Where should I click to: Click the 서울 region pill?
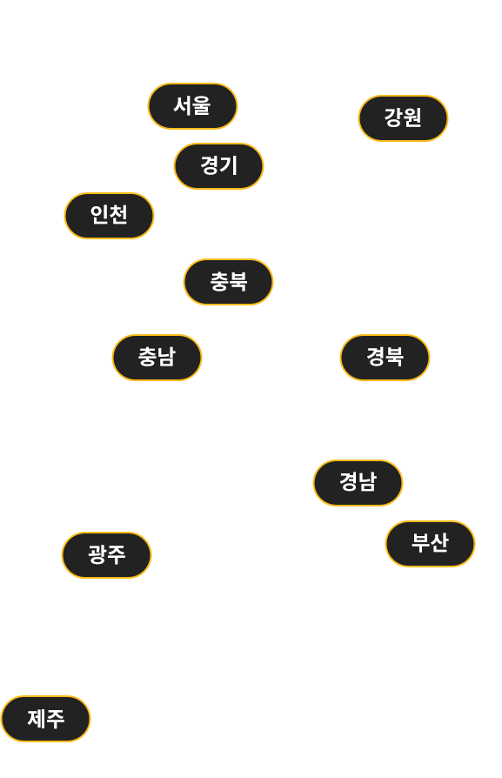[x=192, y=106]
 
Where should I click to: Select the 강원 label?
[x=403, y=118]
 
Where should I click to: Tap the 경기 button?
[x=218, y=166]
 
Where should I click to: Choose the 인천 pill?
[x=109, y=216]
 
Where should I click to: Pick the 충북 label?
[x=228, y=282]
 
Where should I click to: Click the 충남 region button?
[x=157, y=358]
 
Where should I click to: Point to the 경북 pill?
[x=385, y=358]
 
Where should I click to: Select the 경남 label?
[x=358, y=483]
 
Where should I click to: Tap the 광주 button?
[x=106, y=554]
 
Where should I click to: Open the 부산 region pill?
[x=430, y=543]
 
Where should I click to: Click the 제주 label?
[x=45, y=719]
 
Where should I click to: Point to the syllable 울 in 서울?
[x=201, y=105]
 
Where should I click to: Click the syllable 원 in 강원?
[x=412, y=117]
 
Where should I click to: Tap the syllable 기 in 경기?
[x=228, y=165]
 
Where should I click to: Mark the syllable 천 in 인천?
[x=118, y=215]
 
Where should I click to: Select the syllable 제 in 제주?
[x=37, y=719]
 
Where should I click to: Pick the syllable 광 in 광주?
[x=97, y=554]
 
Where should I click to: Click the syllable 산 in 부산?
[x=439, y=543]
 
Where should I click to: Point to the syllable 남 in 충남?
[x=166, y=357]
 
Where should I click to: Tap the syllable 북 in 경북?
[x=394, y=357]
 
